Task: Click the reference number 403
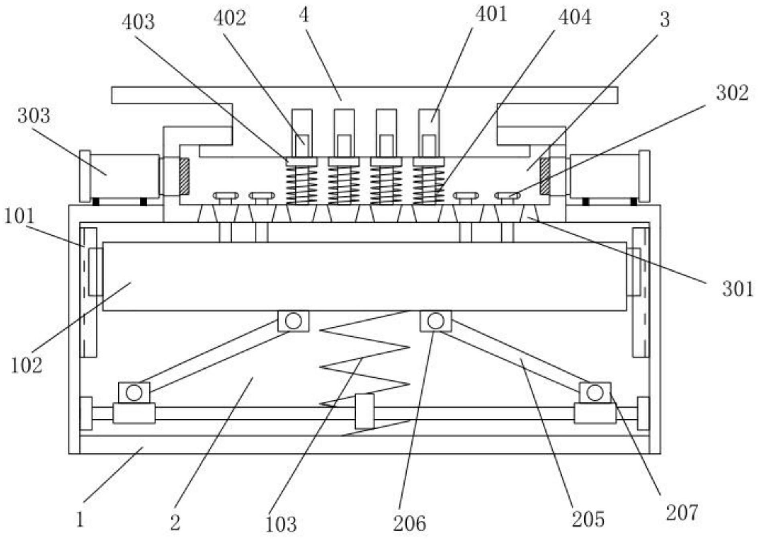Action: click(x=138, y=22)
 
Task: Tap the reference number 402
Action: click(x=229, y=18)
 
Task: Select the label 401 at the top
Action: click(x=491, y=14)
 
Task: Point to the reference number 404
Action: click(x=575, y=18)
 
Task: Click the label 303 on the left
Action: click(x=34, y=116)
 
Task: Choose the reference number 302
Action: click(x=733, y=93)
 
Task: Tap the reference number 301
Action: click(x=738, y=289)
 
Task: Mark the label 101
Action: click(x=20, y=216)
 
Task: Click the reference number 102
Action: click(x=26, y=366)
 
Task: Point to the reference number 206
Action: click(x=409, y=523)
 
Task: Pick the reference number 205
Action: click(x=588, y=519)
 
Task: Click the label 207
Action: click(x=682, y=513)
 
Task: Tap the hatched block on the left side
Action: click(x=184, y=176)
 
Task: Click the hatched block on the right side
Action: click(x=545, y=176)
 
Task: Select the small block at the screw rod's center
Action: click(x=365, y=411)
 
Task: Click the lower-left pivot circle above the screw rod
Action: click(x=134, y=392)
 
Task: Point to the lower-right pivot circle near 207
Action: click(x=595, y=392)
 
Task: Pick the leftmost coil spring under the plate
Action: click(x=301, y=185)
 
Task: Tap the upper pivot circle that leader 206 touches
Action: click(x=436, y=321)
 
